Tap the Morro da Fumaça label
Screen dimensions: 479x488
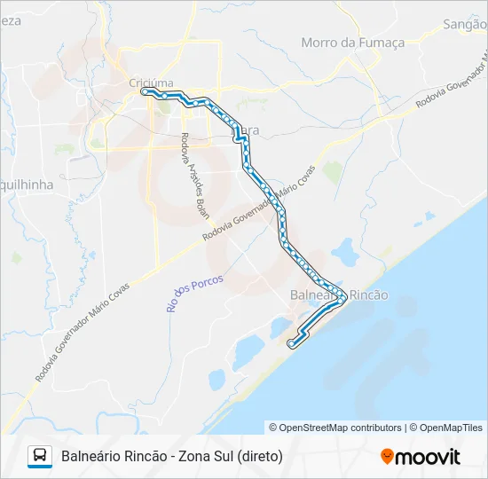click(352, 42)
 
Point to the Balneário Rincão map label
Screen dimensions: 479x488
click(339, 294)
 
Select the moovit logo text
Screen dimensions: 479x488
click(428, 457)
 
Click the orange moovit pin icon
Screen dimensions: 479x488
click(387, 457)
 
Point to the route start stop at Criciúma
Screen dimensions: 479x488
click(145, 90)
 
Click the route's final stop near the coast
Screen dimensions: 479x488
click(291, 342)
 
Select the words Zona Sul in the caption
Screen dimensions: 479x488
click(206, 457)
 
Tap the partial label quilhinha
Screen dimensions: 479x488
click(27, 185)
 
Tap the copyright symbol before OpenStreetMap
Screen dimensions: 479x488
click(274, 428)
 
